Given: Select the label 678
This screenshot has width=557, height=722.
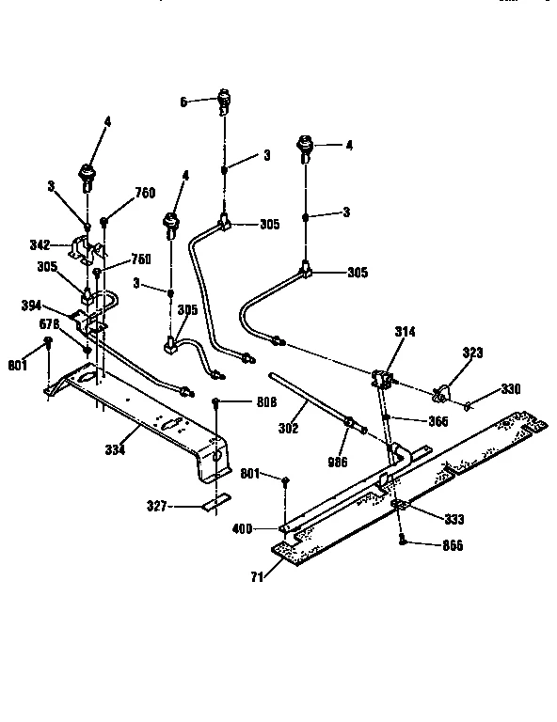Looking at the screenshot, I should tap(49, 324).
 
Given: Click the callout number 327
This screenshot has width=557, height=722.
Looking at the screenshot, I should tap(156, 506).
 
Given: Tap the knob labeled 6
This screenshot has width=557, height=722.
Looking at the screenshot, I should tap(225, 98).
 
